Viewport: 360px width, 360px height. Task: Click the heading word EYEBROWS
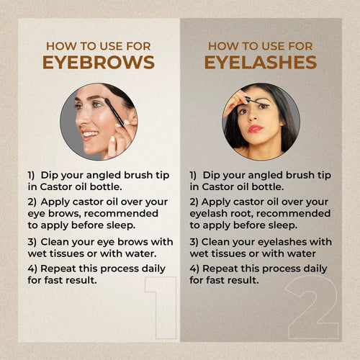(x=98, y=62)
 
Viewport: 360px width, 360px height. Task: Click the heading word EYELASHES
(x=260, y=62)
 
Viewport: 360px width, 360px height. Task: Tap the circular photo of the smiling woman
(x=98, y=121)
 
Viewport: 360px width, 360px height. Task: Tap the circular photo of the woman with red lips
(x=260, y=120)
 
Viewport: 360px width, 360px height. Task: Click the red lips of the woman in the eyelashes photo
(x=255, y=128)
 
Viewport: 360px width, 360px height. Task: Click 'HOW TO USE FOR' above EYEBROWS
(x=98, y=45)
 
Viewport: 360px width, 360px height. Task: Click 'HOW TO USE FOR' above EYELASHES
(x=260, y=45)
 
